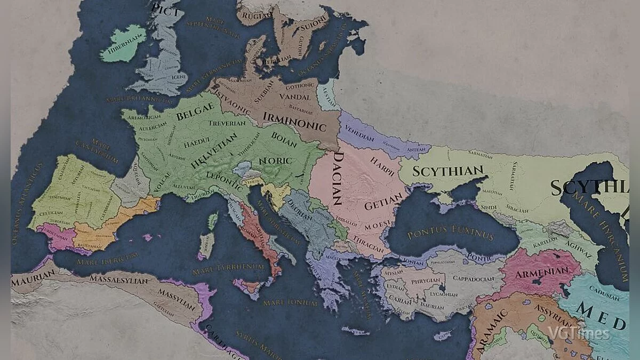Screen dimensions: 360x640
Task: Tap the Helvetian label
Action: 213,151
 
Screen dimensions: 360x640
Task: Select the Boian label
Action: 284,137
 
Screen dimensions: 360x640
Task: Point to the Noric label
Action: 275,160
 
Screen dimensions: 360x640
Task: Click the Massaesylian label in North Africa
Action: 115,278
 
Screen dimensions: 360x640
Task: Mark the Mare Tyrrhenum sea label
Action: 228,267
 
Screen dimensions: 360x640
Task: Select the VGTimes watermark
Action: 579,334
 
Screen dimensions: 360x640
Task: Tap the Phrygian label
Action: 425,281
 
